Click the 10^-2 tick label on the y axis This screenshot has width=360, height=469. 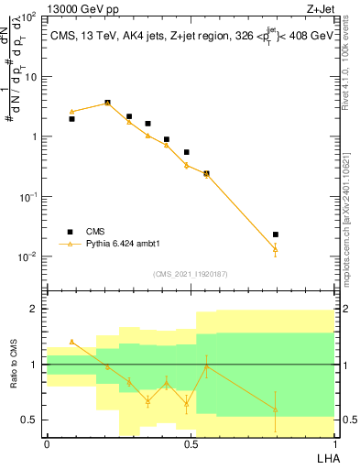point(28,256)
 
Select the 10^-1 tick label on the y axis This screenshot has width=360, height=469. point(28,197)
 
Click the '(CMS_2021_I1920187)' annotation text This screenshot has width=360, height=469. point(190,274)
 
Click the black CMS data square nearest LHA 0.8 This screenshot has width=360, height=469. point(276,235)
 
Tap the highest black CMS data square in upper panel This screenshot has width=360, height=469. point(108,103)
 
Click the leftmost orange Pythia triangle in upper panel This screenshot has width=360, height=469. point(72,112)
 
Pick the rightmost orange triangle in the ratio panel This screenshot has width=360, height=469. point(276,409)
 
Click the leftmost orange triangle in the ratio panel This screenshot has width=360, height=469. point(72,342)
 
